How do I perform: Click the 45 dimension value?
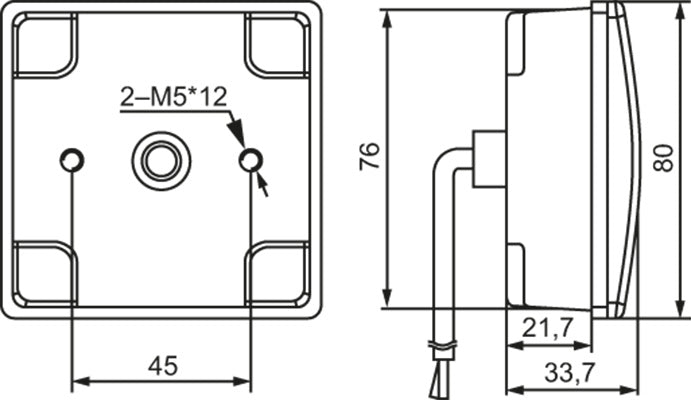(162, 366)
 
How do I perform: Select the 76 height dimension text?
(370, 157)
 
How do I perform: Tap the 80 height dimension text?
(661, 157)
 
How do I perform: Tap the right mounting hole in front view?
(250, 159)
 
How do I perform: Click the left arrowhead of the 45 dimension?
(81, 382)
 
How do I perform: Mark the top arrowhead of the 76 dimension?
(388, 18)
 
